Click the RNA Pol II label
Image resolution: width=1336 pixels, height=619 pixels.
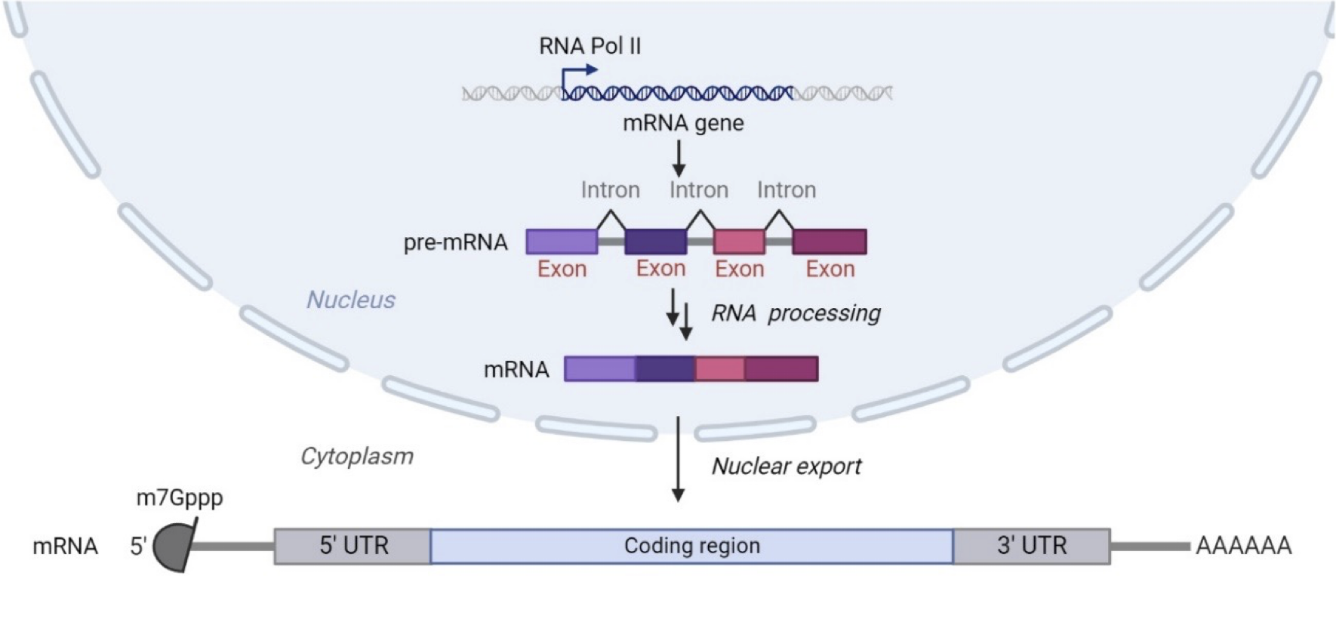pyautogui.click(x=590, y=47)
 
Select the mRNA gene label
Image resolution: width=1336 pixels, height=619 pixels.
pyautogui.click(x=682, y=123)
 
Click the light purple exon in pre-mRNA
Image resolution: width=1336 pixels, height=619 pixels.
pyautogui.click(x=562, y=242)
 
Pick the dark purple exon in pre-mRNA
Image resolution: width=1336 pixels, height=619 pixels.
pyautogui.click(x=655, y=242)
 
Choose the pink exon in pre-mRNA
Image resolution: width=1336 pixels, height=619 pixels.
pyautogui.click(x=739, y=242)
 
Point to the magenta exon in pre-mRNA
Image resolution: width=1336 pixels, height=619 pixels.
pyautogui.click(x=829, y=242)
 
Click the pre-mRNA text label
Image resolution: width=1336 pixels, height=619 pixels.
pyautogui.click(x=455, y=243)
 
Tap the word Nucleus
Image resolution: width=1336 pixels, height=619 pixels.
pyautogui.click(x=350, y=300)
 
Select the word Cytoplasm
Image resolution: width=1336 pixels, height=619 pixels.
pyautogui.click(x=356, y=456)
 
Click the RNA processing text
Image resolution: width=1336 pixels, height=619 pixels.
pyautogui.click(x=796, y=313)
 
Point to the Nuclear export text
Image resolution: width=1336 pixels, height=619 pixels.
pyautogui.click(x=786, y=467)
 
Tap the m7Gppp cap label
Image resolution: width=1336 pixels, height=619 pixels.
pyautogui.click(x=180, y=498)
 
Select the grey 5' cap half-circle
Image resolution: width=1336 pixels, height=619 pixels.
pyautogui.click(x=169, y=547)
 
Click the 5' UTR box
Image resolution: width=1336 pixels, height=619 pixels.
pyautogui.click(x=352, y=546)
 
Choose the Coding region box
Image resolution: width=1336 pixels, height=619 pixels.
pyautogui.click(x=691, y=546)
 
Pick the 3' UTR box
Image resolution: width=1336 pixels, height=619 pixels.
pyautogui.click(x=1031, y=546)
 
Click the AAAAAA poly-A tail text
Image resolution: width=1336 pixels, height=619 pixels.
pyautogui.click(x=1243, y=546)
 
